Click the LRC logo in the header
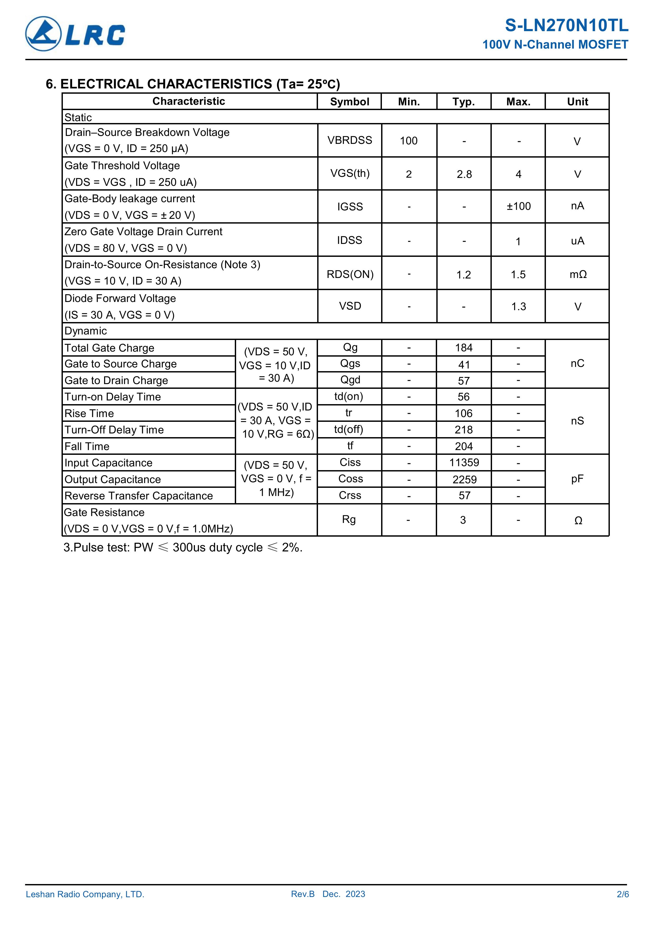(75, 34)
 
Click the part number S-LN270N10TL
(566, 26)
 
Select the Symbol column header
(349, 102)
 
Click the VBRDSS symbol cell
(349, 140)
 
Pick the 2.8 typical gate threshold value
(464, 174)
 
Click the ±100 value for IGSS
(519, 206)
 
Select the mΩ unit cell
(578, 275)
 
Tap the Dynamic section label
(86, 331)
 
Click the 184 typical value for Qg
(464, 348)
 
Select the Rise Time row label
(89, 413)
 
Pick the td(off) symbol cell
(349, 429)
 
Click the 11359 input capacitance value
(464, 462)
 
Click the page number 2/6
(622, 894)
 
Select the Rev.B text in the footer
(303, 894)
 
